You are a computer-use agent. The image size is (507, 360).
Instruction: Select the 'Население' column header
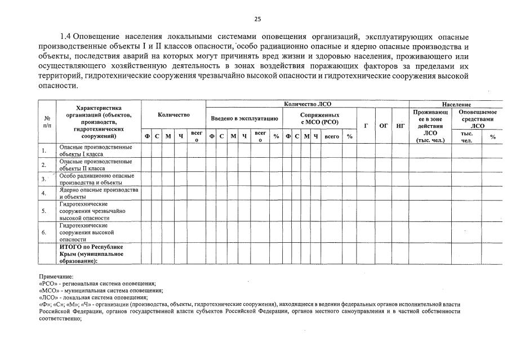click(x=456, y=104)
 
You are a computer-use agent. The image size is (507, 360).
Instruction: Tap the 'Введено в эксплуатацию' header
click(x=244, y=119)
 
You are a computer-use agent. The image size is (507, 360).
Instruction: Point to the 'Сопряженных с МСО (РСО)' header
click(x=319, y=118)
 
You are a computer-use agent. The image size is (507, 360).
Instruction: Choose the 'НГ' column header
click(x=400, y=126)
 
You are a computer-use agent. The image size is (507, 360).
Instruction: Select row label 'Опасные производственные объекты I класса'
click(x=96, y=150)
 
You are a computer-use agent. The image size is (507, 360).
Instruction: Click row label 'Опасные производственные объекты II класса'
click(x=96, y=165)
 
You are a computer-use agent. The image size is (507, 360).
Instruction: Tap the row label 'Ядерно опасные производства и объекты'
click(x=99, y=193)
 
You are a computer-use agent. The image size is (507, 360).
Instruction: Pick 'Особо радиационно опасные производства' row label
click(x=96, y=179)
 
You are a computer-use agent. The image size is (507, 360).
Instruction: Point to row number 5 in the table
click(x=44, y=211)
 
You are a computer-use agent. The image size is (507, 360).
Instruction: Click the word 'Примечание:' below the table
click(x=56, y=277)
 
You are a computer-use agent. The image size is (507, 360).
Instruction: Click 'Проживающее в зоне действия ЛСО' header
click(x=430, y=126)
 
